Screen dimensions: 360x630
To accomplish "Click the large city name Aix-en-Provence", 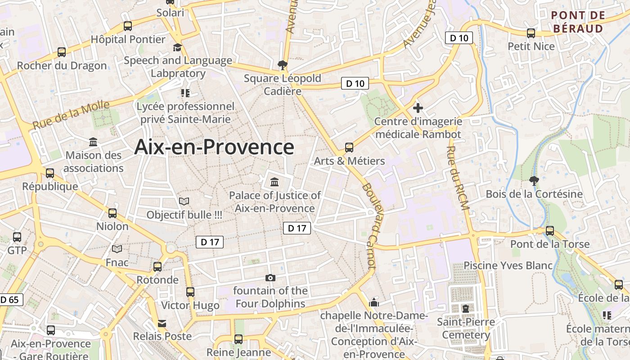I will tap(214, 147).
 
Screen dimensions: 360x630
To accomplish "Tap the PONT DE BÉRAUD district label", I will tap(578, 22).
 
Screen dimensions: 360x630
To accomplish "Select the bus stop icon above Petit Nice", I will tap(531, 33).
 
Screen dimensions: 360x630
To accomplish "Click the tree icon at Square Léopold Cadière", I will tap(283, 65).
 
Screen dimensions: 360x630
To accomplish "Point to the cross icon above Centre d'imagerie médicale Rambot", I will tap(418, 108).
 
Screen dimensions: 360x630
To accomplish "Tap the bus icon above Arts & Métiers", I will tap(349, 147).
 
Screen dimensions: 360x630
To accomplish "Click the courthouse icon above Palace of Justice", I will tap(274, 182).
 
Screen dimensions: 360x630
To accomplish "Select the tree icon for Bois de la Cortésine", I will tap(534, 181).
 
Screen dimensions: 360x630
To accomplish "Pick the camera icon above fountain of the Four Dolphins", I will tap(270, 278).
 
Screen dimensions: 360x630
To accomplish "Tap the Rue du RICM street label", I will tap(458, 178).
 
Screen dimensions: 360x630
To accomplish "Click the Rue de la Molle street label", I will tap(71, 115).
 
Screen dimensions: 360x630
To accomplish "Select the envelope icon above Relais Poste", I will tap(162, 323).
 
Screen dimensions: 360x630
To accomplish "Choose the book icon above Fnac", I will tap(117, 249).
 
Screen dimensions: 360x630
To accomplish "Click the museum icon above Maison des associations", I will tap(93, 142).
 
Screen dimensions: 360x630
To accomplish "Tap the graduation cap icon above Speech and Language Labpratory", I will tap(178, 47).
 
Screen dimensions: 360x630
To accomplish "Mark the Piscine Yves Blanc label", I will tap(508, 265).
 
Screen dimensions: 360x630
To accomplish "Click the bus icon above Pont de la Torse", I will tap(549, 231).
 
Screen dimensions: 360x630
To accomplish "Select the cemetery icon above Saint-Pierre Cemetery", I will tap(465, 309).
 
